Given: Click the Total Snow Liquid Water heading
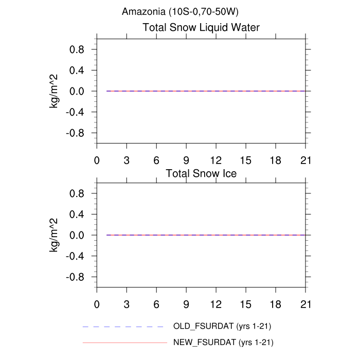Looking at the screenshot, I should point(201,28).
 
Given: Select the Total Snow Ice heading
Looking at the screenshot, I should point(201,173).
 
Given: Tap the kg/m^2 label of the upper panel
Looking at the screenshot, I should point(53,91).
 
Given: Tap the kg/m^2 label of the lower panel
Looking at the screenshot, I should point(53,235).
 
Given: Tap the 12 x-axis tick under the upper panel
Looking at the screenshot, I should point(216,160).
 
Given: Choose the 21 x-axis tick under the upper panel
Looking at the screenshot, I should point(306,160).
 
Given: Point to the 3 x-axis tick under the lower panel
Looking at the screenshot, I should point(127,304).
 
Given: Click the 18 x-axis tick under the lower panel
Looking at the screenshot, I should point(276,304).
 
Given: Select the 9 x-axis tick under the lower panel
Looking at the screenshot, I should point(186,304).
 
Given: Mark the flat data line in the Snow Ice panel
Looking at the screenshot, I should point(206,235).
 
